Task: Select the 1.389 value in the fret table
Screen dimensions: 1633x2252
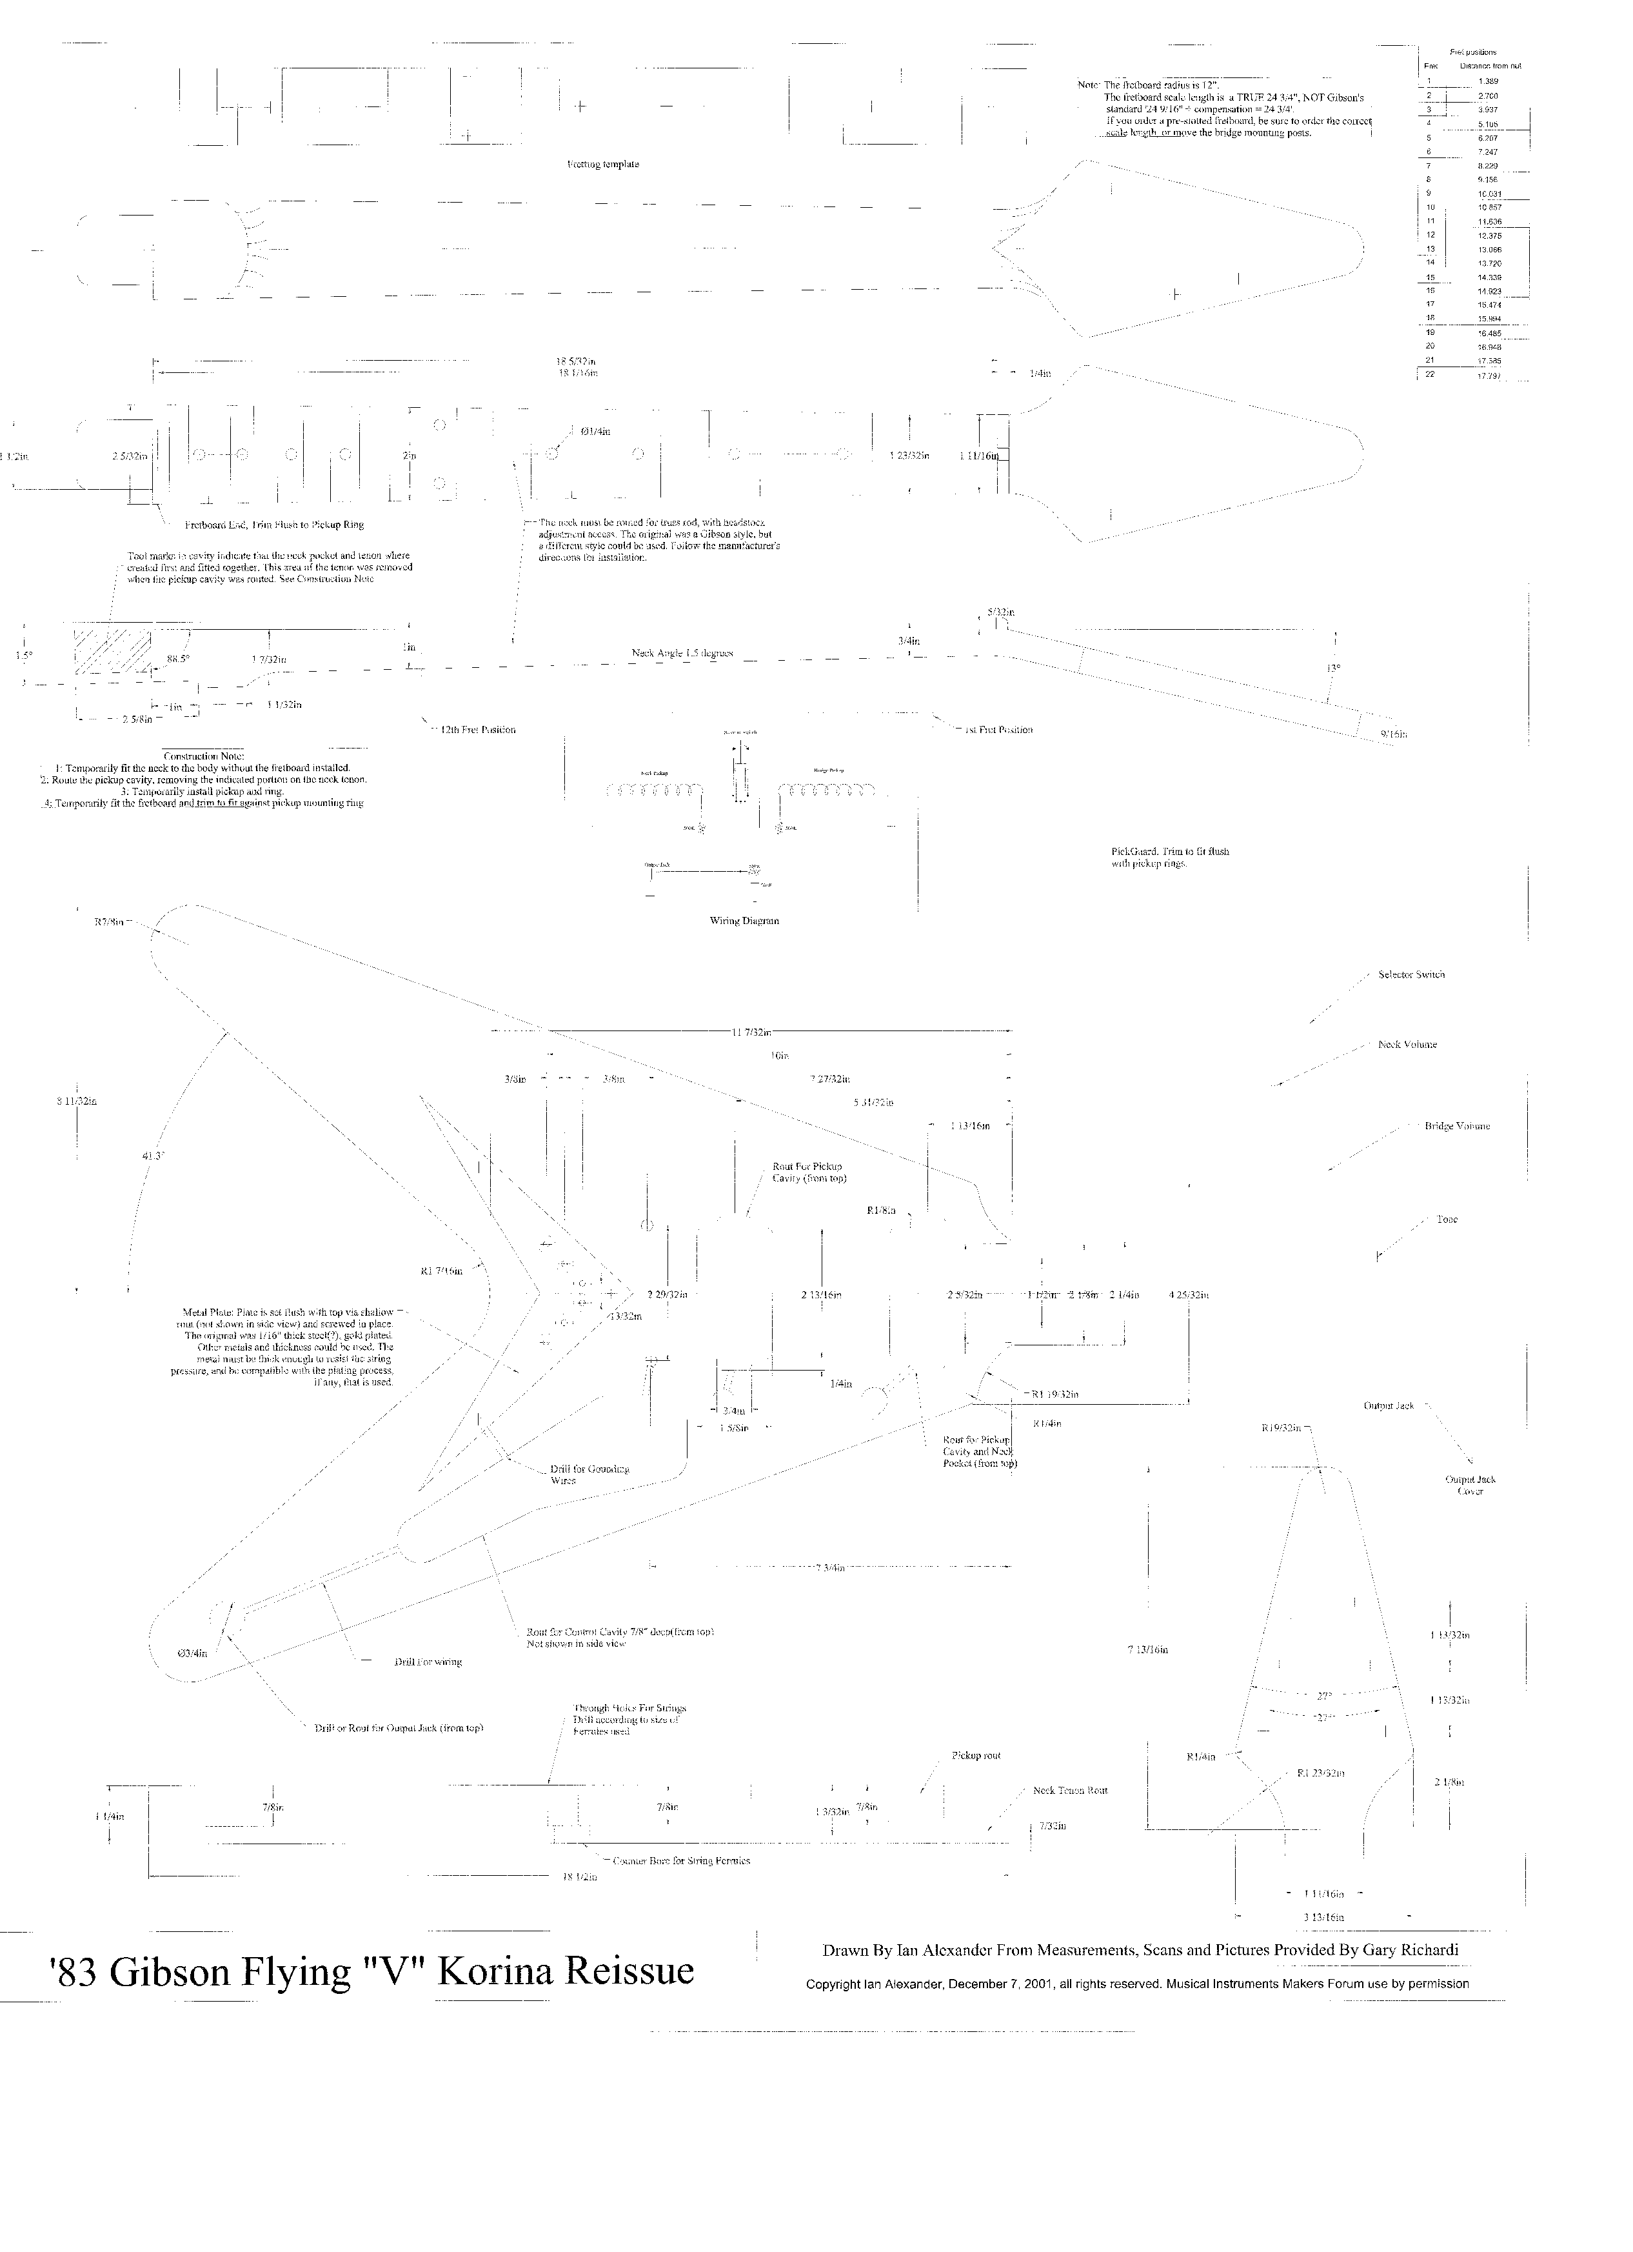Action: coord(1487,81)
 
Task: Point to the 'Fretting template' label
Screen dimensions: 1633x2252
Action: coord(596,164)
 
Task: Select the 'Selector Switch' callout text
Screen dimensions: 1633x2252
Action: coord(1410,974)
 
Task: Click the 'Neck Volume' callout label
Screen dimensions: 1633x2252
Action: coord(1407,1045)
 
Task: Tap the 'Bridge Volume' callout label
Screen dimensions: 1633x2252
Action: coord(1456,1126)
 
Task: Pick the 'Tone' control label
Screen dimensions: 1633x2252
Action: coord(1447,1220)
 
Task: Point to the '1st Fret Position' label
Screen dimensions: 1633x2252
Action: coord(998,730)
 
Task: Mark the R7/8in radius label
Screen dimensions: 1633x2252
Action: coord(109,923)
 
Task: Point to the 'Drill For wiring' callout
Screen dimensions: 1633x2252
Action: coord(428,1661)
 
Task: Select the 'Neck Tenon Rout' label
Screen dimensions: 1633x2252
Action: coord(1069,1790)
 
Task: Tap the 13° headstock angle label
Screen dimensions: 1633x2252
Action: coord(1333,669)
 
